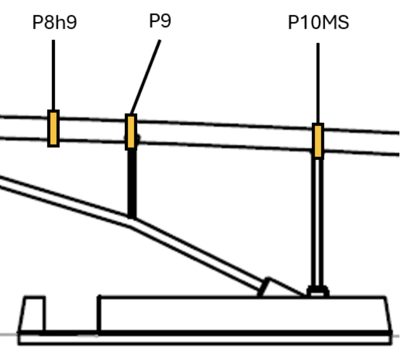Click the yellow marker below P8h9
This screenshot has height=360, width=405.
coord(53,129)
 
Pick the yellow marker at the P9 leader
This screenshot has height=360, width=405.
coord(131,132)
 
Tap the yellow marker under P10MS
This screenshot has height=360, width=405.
coord(318,141)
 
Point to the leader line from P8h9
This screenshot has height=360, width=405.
coord(53,74)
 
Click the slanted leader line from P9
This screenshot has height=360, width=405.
coord(146,77)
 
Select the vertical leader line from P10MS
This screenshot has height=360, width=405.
coord(318,84)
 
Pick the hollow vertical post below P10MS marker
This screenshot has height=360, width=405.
coord(317,223)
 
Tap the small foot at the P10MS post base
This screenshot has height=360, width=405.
coord(318,291)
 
